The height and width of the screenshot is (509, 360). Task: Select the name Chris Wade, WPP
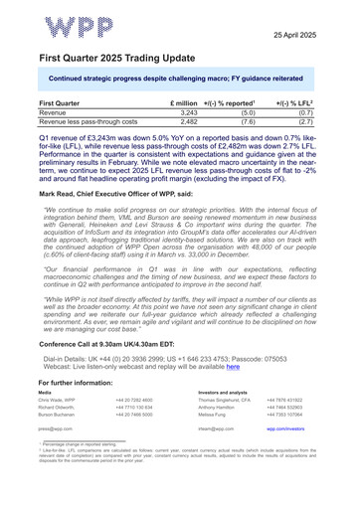[x=59, y=371]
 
